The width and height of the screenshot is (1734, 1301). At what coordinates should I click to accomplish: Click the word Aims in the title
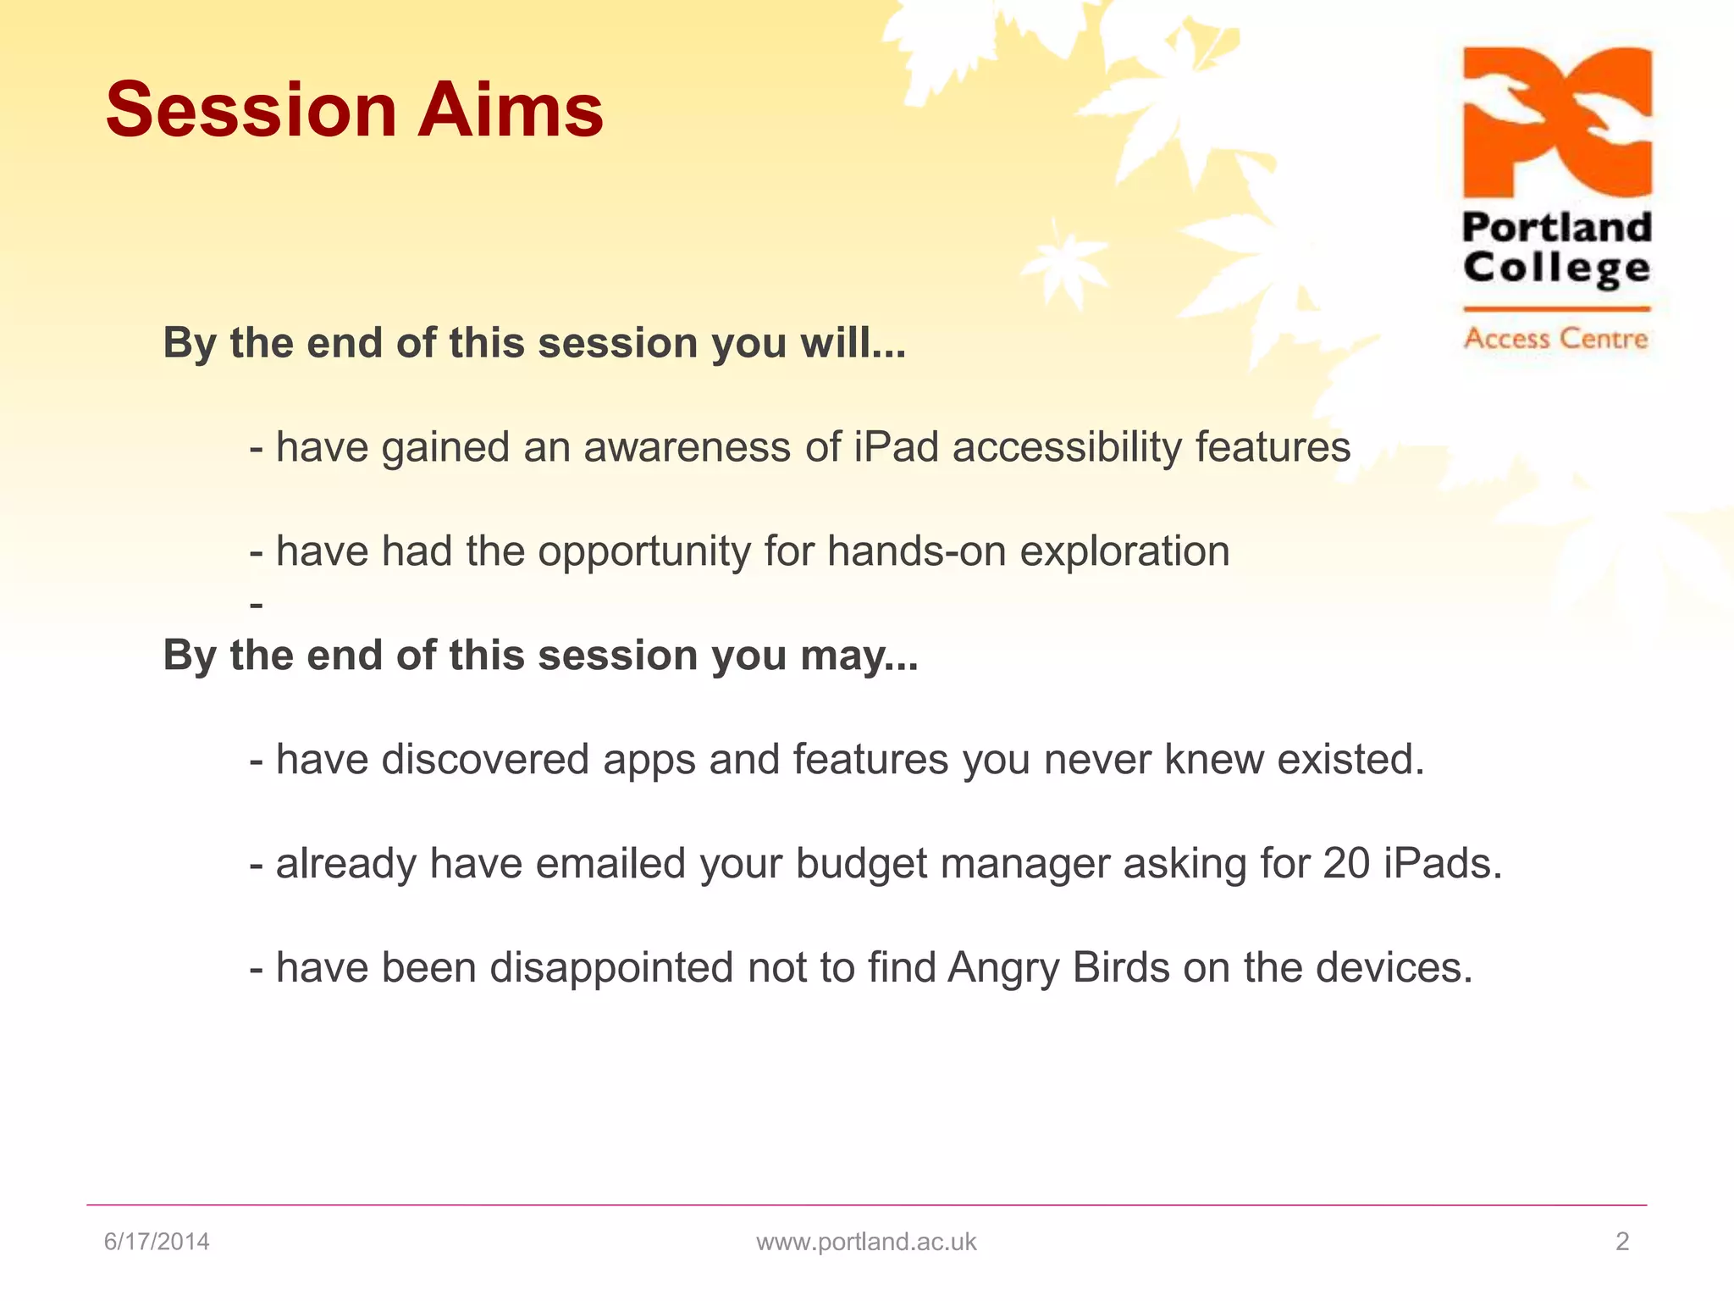tap(511, 110)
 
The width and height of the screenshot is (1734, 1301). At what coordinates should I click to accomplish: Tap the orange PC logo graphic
tap(1557, 122)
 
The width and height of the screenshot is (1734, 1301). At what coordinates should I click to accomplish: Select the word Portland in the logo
tap(1557, 227)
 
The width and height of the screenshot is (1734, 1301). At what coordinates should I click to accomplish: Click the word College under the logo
tap(1557, 269)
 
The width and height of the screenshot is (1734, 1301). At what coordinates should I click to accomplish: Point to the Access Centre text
tap(1556, 338)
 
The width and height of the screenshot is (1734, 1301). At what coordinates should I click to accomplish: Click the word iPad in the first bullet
tap(896, 446)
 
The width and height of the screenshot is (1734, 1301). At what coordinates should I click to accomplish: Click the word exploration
tap(1124, 552)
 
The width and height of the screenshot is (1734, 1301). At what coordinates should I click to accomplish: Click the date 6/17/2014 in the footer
tap(157, 1242)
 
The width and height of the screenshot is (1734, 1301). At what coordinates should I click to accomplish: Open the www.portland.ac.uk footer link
tap(866, 1243)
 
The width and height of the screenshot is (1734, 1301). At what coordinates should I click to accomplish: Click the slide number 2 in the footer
tap(1622, 1242)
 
